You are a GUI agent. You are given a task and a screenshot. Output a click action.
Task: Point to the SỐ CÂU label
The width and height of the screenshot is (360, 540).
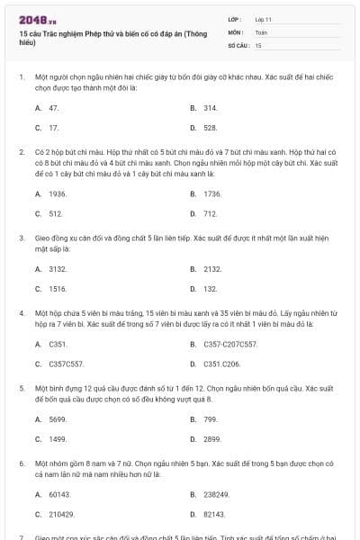coord(238,44)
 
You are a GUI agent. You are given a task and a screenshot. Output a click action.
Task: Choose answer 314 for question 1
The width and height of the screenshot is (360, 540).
coord(210,107)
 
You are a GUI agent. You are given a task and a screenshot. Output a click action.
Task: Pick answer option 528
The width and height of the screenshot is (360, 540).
coord(210,128)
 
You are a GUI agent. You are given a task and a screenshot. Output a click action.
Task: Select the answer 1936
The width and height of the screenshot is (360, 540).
coord(58,193)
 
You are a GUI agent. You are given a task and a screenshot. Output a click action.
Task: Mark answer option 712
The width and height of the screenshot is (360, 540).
coord(210,214)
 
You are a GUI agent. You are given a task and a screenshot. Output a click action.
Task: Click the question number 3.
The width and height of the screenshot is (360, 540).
coord(21,238)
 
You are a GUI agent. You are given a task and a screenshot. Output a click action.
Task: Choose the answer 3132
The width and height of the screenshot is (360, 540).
coord(58,268)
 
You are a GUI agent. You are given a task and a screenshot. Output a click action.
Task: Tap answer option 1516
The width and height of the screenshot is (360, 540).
coord(58,289)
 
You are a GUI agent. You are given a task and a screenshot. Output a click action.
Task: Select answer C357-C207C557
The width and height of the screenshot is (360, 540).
coord(230,344)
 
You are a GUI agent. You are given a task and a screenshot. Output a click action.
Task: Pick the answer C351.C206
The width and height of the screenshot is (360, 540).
coord(221,364)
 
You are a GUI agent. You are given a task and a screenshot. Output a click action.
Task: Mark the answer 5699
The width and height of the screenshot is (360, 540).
coord(58,418)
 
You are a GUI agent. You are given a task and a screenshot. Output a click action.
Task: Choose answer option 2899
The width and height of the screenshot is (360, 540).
coord(212,439)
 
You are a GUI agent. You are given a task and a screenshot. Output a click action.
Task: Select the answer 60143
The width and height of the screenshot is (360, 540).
coord(59,493)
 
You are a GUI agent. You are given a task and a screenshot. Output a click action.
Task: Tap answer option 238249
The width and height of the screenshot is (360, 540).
coord(216,493)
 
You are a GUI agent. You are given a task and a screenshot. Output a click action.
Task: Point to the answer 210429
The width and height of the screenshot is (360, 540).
coord(61,514)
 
